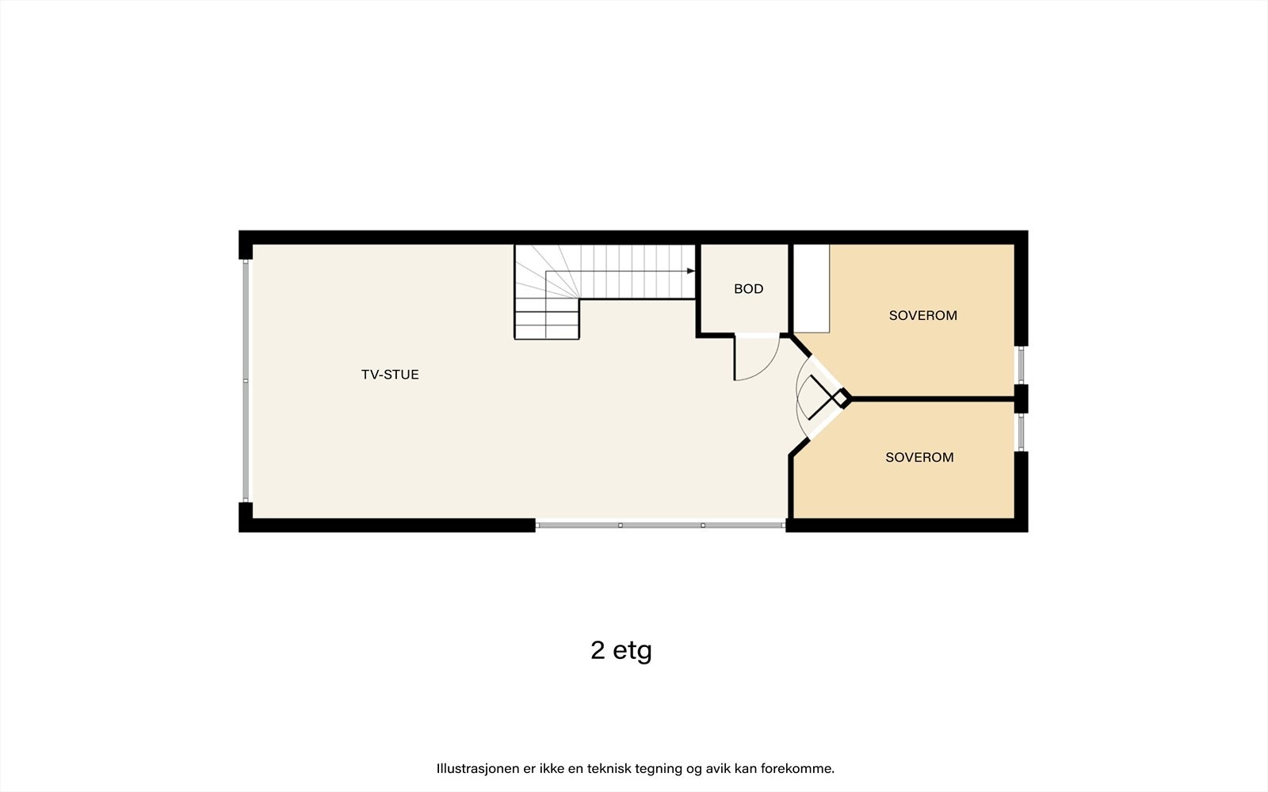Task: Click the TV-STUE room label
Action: pyautogui.click(x=390, y=375)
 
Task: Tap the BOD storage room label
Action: pyautogui.click(x=748, y=289)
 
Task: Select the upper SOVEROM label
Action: pyautogui.click(x=922, y=315)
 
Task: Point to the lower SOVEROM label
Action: pyautogui.click(x=919, y=457)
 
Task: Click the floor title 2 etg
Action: pyautogui.click(x=621, y=650)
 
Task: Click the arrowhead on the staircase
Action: pyautogui.click(x=691, y=271)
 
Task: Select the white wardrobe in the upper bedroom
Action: pyautogui.click(x=811, y=288)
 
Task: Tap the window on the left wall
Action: pyautogui.click(x=246, y=380)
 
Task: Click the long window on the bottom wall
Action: pyautogui.click(x=660, y=524)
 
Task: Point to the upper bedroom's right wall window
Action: pyautogui.click(x=1021, y=365)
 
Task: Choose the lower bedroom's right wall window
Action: pyautogui.click(x=1021, y=432)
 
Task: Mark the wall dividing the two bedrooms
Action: pyautogui.click(x=931, y=398)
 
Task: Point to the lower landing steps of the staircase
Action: pyautogui.click(x=547, y=318)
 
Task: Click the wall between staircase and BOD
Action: pyautogui.click(x=697, y=289)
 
